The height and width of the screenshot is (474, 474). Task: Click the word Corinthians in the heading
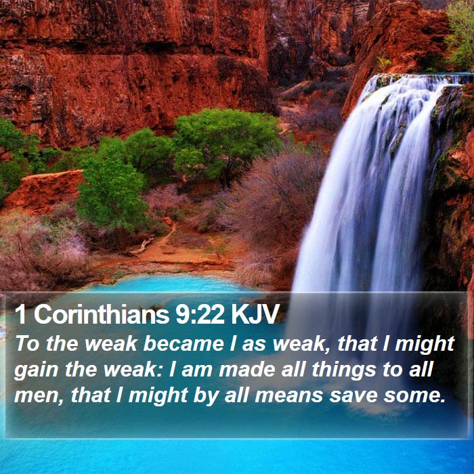(x=102, y=314)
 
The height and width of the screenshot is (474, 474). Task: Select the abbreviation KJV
(x=255, y=314)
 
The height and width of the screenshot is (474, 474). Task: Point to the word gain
(x=37, y=370)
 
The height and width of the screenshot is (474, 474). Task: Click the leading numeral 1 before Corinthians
(x=20, y=314)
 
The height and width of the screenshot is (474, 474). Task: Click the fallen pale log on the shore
(x=141, y=246)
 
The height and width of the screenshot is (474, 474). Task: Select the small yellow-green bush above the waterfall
(x=384, y=63)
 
